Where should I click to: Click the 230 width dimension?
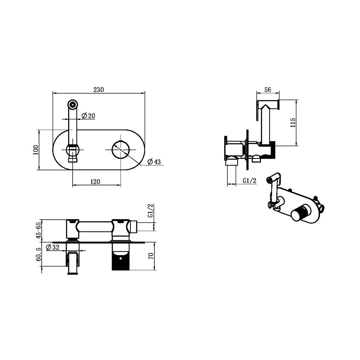point(98,89)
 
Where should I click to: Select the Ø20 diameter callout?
point(88,116)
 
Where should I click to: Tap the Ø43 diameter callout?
point(154,162)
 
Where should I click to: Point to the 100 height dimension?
point(36,150)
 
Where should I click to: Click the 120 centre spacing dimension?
point(95,182)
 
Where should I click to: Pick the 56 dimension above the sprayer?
point(267,90)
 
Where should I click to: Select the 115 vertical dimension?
point(293,123)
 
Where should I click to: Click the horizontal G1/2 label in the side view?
point(249,181)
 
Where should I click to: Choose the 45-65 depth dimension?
point(38,230)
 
